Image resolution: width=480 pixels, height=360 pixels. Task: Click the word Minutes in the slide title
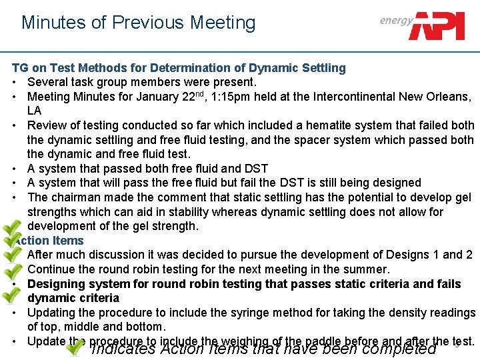tap(54, 23)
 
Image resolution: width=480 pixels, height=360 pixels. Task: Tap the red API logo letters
tap(439, 25)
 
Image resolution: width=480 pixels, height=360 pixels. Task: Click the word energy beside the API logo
tap(396, 20)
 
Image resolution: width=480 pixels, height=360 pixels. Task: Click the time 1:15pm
tap(226, 97)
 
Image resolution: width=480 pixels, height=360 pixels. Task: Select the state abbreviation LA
tap(35, 111)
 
